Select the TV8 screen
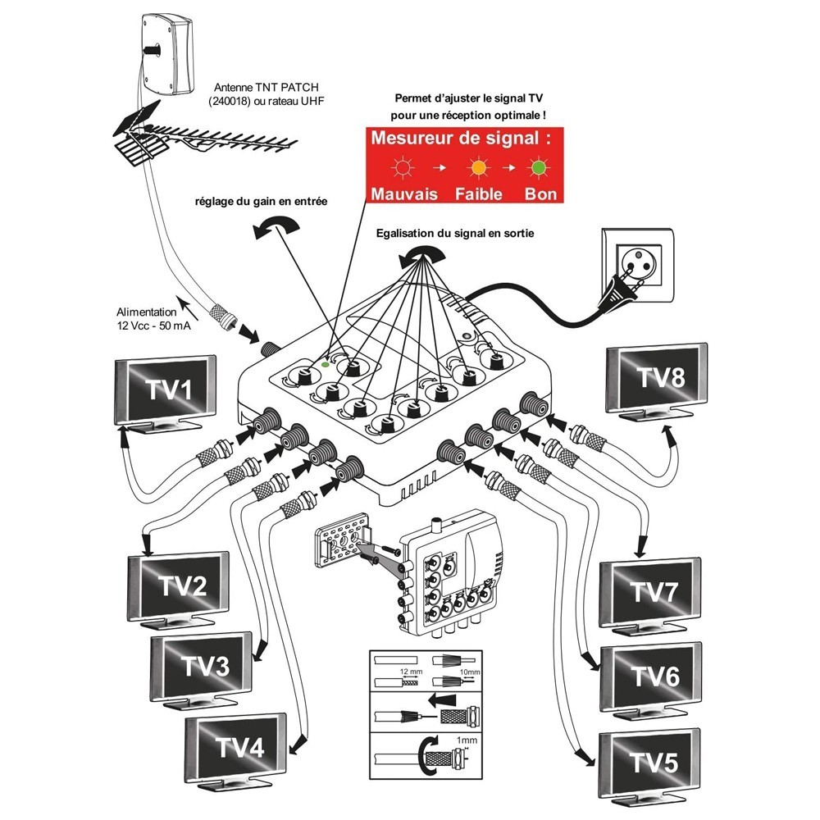(x=656, y=377)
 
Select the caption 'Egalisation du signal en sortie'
(x=455, y=233)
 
